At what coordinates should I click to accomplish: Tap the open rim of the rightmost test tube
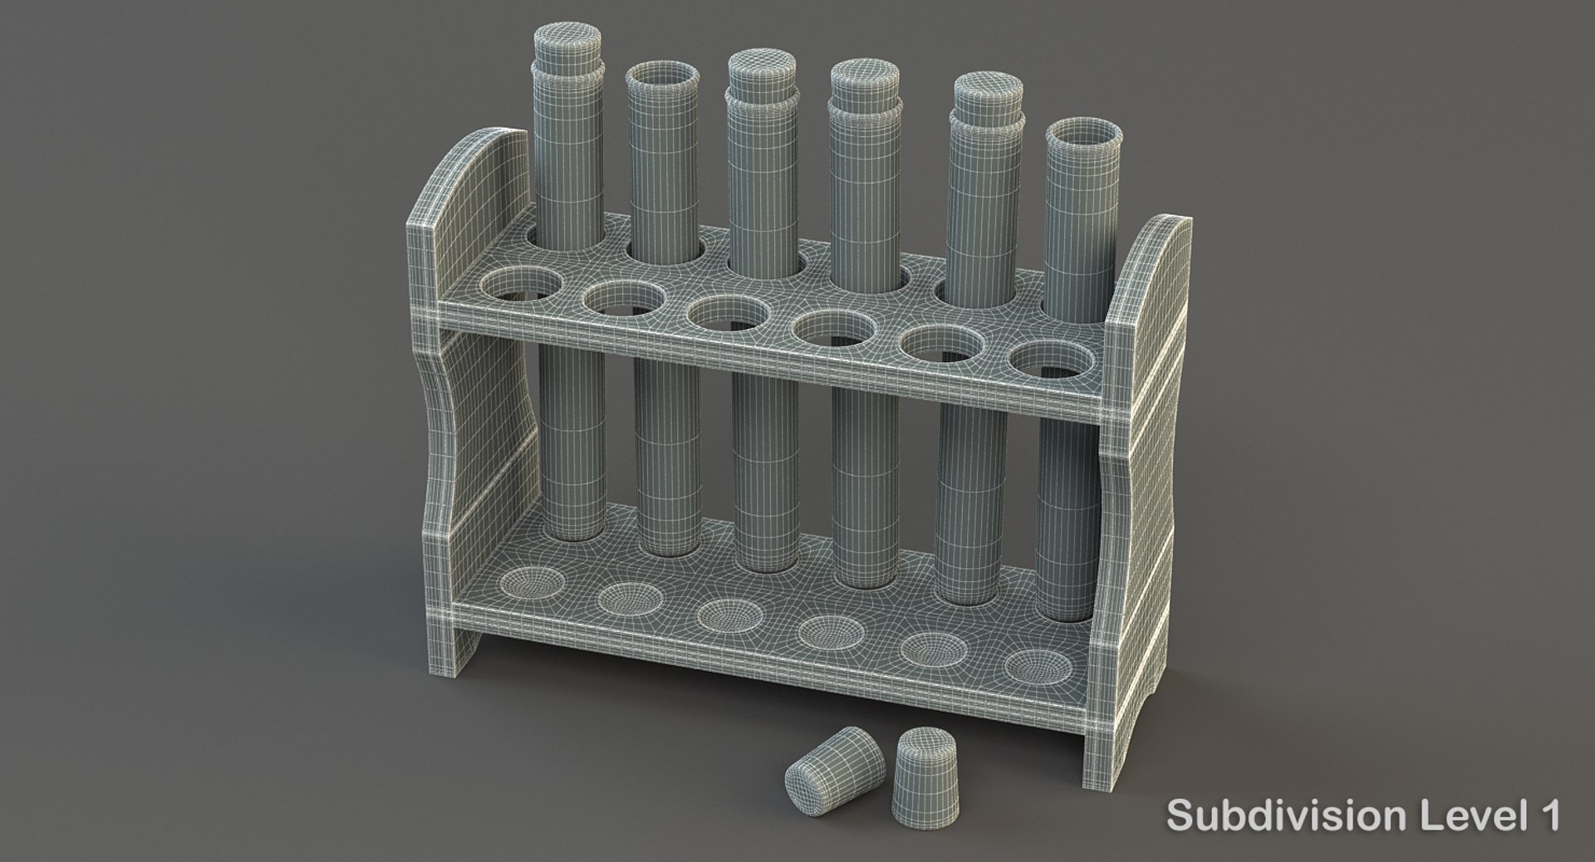1077,134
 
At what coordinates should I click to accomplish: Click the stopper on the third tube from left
761,71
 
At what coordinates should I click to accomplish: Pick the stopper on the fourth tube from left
864,80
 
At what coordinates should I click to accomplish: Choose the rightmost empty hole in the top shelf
1045,359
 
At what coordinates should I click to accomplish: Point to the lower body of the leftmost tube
573,448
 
